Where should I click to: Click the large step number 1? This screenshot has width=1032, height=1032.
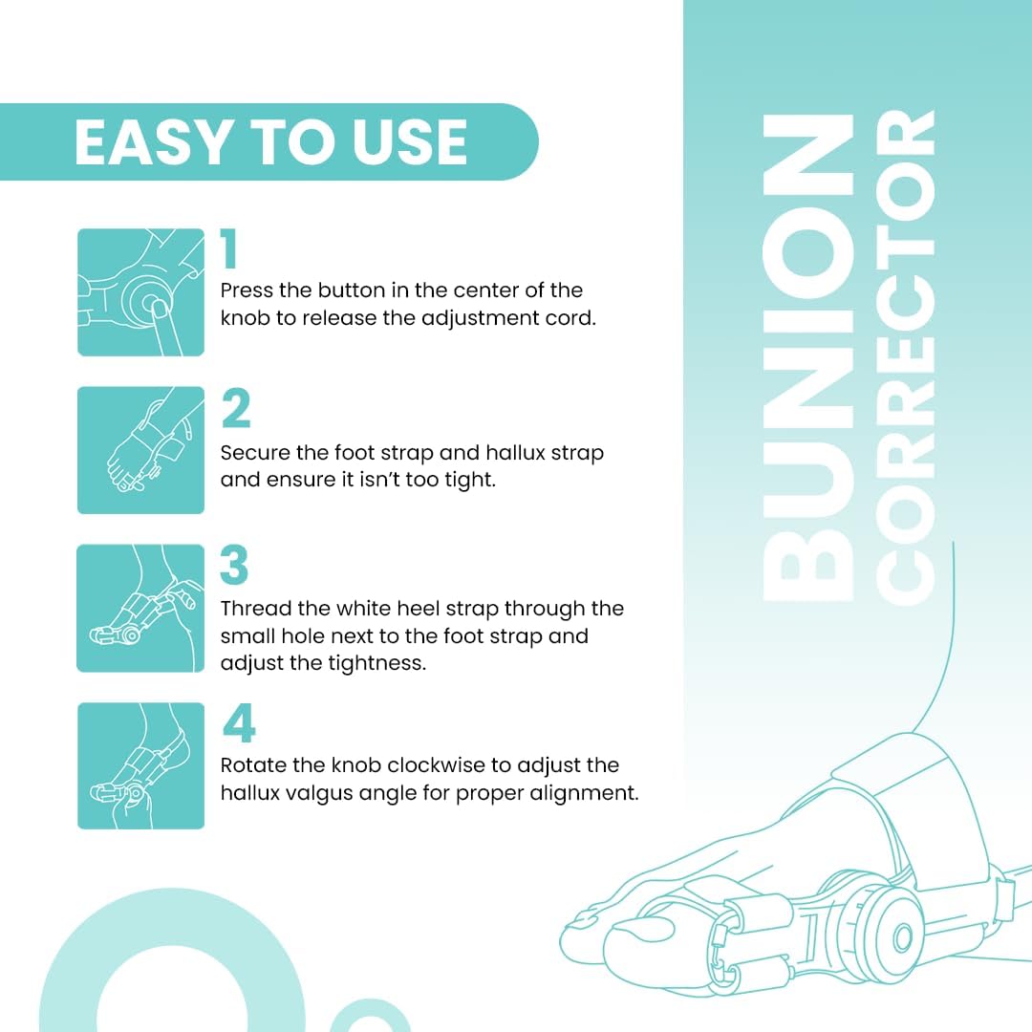pyautogui.click(x=229, y=250)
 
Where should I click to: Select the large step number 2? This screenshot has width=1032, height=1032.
pyautogui.click(x=235, y=409)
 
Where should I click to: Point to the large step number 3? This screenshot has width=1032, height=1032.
pyautogui.click(x=234, y=567)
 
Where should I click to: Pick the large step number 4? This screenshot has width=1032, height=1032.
pyautogui.click(x=239, y=725)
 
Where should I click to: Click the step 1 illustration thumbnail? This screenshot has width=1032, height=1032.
pyautogui.click(x=140, y=292)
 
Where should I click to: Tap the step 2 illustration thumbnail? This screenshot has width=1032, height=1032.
pyautogui.click(x=140, y=450)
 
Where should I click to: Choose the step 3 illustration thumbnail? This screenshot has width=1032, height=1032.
pyautogui.click(x=140, y=608)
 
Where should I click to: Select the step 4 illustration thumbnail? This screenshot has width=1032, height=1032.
pyautogui.click(x=140, y=765)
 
